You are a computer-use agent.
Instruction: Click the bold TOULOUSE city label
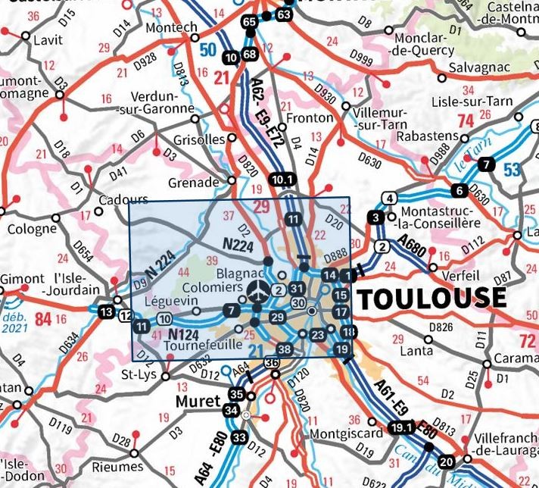(432, 298)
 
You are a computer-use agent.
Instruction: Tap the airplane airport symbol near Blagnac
(257, 289)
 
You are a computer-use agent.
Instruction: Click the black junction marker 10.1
(279, 180)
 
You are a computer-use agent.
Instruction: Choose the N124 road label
(183, 333)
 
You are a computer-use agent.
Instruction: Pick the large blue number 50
(207, 52)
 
